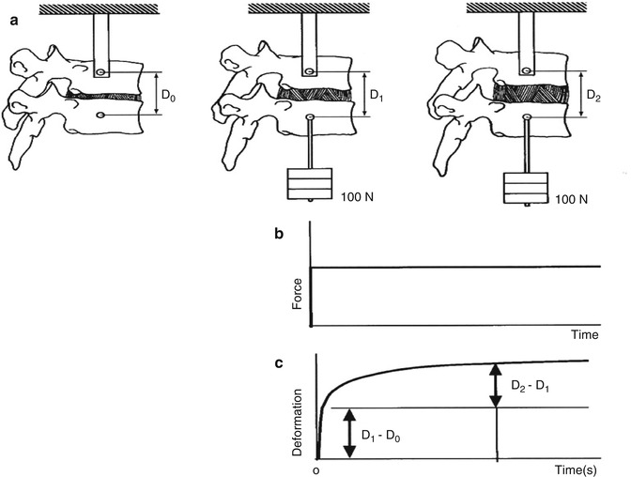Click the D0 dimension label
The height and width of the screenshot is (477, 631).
point(168,96)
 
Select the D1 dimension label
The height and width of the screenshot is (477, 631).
point(377,96)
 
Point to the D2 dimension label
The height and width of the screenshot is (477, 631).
point(593,96)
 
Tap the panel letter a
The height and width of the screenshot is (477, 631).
point(14,21)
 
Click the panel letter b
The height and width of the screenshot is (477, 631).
point(279,234)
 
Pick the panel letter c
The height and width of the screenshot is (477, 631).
point(279,363)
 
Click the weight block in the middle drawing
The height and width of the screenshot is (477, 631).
point(310,183)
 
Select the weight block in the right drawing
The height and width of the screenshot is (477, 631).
point(526,188)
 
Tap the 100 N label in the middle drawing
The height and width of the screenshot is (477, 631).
point(358,197)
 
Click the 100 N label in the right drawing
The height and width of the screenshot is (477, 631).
point(572,199)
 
